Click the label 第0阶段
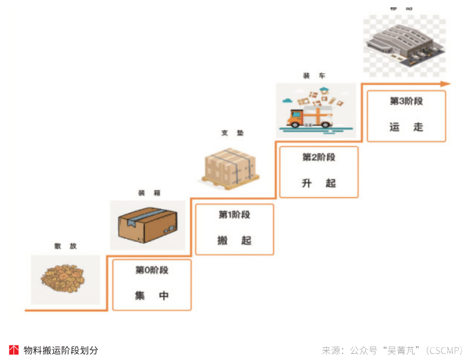click(x=152, y=270)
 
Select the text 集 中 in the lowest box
click(x=152, y=296)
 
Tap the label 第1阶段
click(x=234, y=215)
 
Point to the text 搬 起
click(x=234, y=240)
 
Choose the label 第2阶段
click(x=319, y=157)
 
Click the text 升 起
click(x=319, y=183)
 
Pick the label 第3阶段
click(x=406, y=101)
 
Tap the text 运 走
click(x=406, y=127)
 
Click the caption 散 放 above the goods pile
click(x=65, y=246)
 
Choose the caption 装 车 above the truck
click(x=314, y=76)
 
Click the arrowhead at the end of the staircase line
click(x=446, y=84)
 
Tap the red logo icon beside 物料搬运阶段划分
click(x=13, y=350)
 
